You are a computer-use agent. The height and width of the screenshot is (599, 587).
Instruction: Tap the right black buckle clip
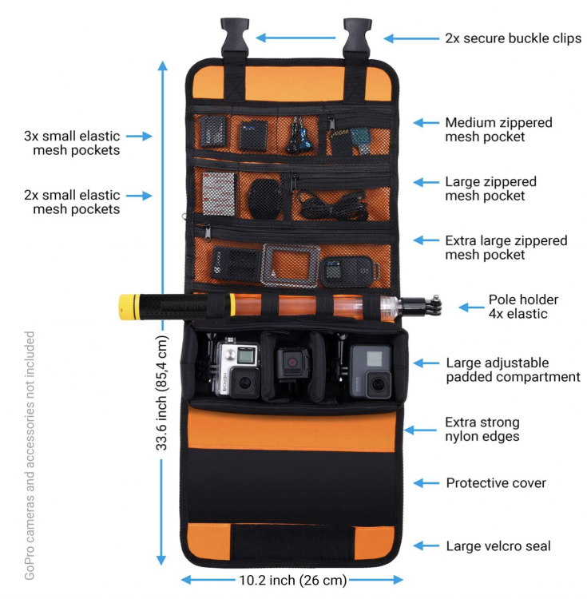pyautogui.click(x=357, y=36)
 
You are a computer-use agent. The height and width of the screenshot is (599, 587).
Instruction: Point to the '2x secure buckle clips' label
pyautogui.click(x=513, y=38)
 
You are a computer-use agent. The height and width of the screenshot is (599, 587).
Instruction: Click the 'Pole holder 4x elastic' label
pyautogui.click(x=523, y=307)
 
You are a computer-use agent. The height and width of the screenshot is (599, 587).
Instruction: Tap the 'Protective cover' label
pyautogui.click(x=496, y=483)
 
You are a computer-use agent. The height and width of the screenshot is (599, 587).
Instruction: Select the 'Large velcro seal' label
pyautogui.click(x=498, y=546)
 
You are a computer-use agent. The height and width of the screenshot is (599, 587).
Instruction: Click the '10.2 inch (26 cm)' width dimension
pyautogui.click(x=292, y=579)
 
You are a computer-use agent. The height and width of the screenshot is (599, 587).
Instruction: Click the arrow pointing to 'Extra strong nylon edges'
pyautogui.click(x=420, y=430)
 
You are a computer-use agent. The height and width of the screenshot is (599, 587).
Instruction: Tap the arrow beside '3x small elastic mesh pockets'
pyautogui.click(x=138, y=137)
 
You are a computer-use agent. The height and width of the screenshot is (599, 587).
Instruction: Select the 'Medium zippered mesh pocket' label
pyautogui.click(x=498, y=129)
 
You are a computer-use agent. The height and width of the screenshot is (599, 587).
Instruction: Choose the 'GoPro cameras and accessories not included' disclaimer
pyautogui.click(x=30, y=455)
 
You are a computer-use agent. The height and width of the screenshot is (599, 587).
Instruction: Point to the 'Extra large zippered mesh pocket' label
pyautogui.click(x=506, y=248)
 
